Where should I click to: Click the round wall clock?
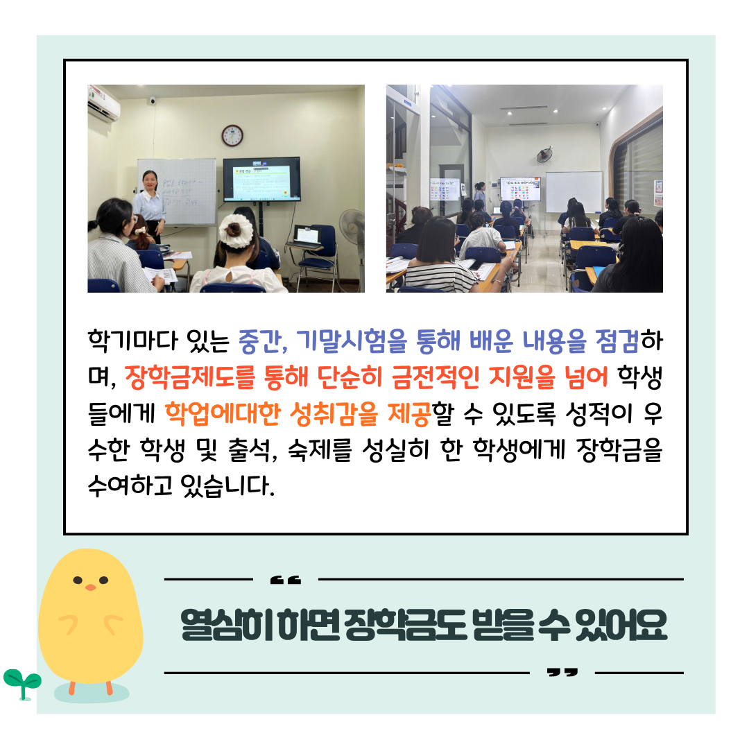point(232,136)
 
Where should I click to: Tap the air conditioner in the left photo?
point(103,103)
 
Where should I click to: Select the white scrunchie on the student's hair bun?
point(236,231)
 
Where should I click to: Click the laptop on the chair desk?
point(309,236)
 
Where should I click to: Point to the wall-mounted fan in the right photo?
point(544,155)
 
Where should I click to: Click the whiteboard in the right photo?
point(574,191)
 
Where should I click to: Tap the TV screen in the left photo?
point(261,180)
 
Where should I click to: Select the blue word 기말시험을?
point(351,341)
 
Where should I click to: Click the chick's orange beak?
point(90,587)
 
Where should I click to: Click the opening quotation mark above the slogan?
point(285,580)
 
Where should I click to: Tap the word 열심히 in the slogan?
point(226,626)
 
